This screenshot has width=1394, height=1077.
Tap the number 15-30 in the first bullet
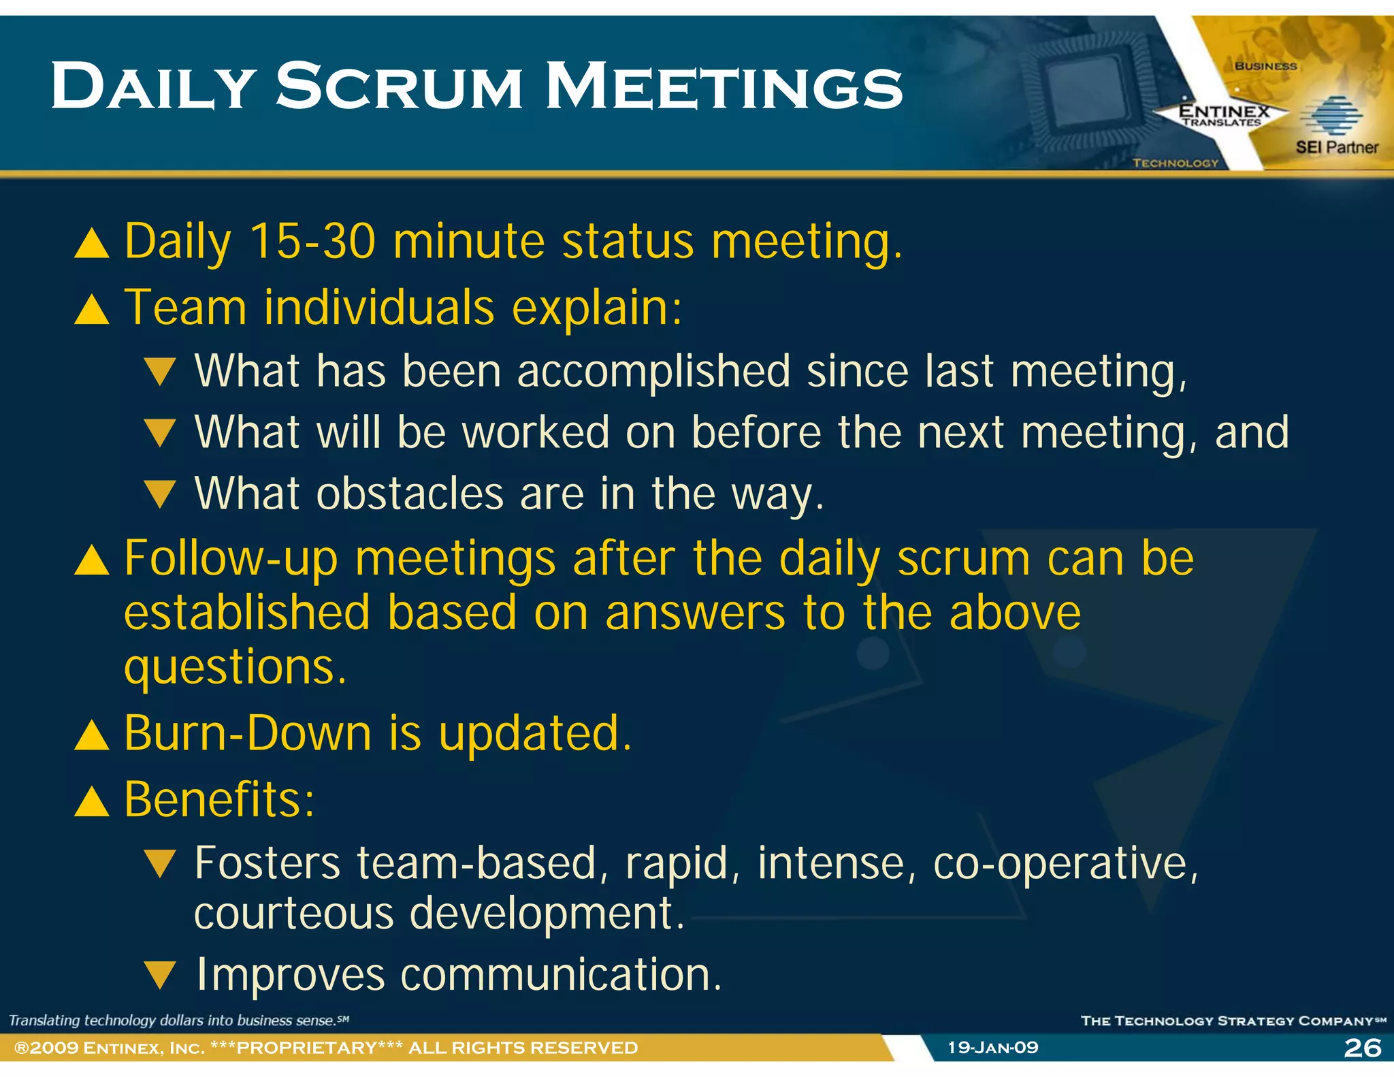(312, 241)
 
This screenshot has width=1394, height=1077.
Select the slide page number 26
(1363, 1048)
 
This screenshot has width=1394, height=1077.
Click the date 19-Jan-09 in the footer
(993, 1048)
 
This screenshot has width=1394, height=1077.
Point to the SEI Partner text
(1336, 147)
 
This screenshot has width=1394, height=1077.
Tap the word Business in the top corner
(1265, 66)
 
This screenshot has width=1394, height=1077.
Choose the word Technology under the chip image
(1175, 163)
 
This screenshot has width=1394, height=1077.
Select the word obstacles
(410, 494)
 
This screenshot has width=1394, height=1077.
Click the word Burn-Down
(248, 733)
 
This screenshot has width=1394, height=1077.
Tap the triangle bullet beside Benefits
(92, 801)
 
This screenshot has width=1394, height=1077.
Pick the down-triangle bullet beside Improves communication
(161, 976)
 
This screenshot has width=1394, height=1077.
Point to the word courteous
(293, 914)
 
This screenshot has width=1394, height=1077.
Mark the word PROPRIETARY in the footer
(306, 1048)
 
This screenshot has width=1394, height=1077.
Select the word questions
(235, 667)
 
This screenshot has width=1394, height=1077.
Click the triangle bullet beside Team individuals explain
(92, 310)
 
